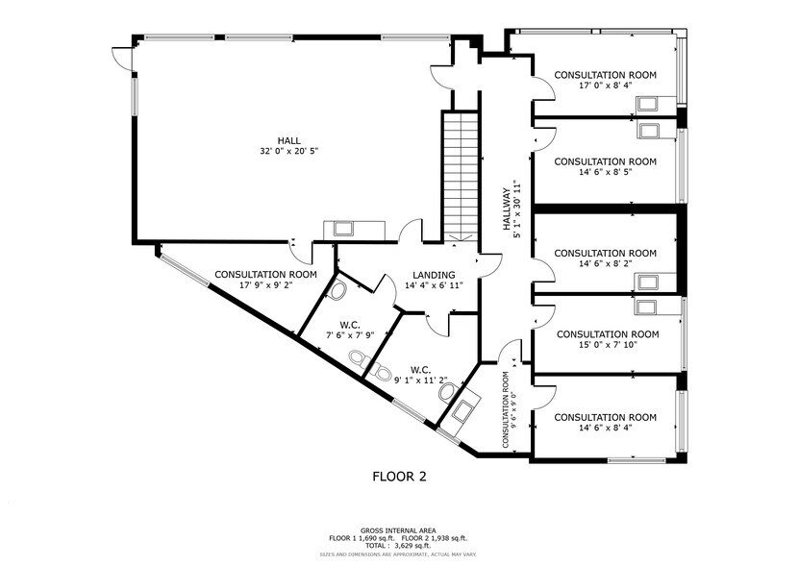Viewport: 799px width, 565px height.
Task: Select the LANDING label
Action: pyautogui.click(x=434, y=275)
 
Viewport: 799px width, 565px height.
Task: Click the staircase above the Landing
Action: pyautogui.click(x=460, y=173)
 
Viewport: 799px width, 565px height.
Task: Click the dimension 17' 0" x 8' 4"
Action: pyautogui.click(x=605, y=86)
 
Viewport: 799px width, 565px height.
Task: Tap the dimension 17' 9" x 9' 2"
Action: pyautogui.click(x=264, y=285)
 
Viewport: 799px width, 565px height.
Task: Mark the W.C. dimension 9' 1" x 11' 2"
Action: pyautogui.click(x=419, y=381)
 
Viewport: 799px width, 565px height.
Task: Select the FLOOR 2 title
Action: pyautogui.click(x=399, y=476)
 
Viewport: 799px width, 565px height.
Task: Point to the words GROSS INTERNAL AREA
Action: pyautogui.click(x=399, y=530)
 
